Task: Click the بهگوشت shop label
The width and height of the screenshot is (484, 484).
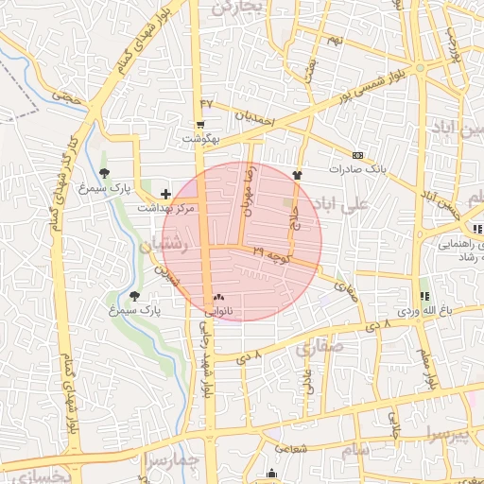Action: (199, 139)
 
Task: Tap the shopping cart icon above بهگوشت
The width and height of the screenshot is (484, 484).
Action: (199, 125)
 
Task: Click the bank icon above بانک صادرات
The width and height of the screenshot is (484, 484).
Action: (357, 155)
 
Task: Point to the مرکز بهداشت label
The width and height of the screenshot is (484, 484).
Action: (165, 207)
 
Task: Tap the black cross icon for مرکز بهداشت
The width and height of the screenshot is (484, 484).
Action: (166, 193)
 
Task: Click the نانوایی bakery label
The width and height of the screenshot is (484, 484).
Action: (219, 309)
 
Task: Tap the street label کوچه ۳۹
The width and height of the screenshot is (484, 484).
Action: (274, 252)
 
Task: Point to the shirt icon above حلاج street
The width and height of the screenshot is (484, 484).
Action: (298, 174)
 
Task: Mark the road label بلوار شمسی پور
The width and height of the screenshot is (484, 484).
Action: (378, 75)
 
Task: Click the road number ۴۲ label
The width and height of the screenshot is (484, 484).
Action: (207, 102)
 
